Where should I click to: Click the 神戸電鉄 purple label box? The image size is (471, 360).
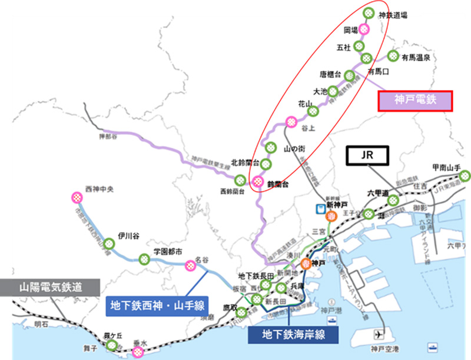click(413, 100)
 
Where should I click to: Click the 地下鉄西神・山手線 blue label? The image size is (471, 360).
click(155, 305)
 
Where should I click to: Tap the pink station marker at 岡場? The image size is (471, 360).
click(364, 28)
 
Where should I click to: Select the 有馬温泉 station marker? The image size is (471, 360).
click(393, 57)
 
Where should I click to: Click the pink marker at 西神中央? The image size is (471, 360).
click(76, 196)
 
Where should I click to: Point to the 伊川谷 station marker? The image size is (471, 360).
click(110, 242)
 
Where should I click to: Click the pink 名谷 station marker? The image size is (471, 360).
click(191, 266)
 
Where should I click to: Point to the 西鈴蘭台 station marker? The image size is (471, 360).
click(240, 180)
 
